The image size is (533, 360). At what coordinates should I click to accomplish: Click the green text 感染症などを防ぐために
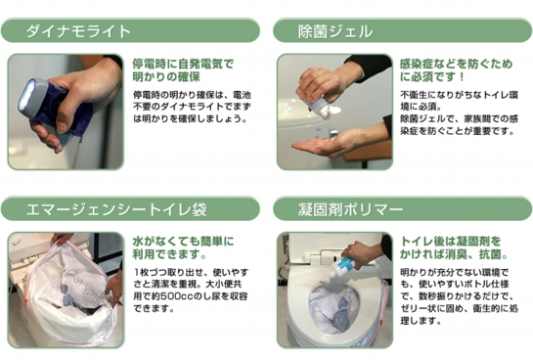pos(450,64)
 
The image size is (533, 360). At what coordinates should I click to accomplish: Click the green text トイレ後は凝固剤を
pos(451,240)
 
